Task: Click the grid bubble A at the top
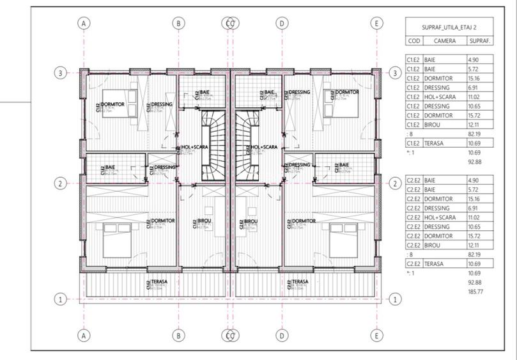point(83,23)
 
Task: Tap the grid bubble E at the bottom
point(378,334)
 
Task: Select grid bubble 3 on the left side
point(60,73)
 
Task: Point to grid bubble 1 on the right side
point(395,299)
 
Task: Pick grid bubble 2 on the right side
point(395,184)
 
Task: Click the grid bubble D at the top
point(281,23)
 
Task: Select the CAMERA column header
point(444,40)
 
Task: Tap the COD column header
point(413,40)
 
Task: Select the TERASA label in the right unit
point(298,281)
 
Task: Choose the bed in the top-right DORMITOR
point(340,104)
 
